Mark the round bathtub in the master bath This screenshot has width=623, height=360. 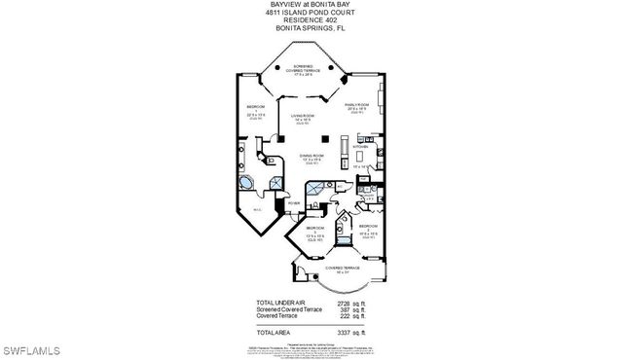[x=244, y=183]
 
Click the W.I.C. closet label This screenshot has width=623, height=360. [x=257, y=210]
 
